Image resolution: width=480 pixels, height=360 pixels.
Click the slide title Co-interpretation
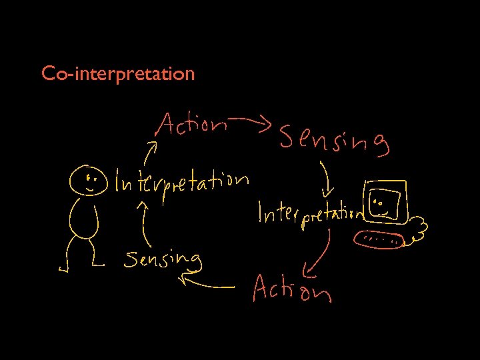117,73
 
